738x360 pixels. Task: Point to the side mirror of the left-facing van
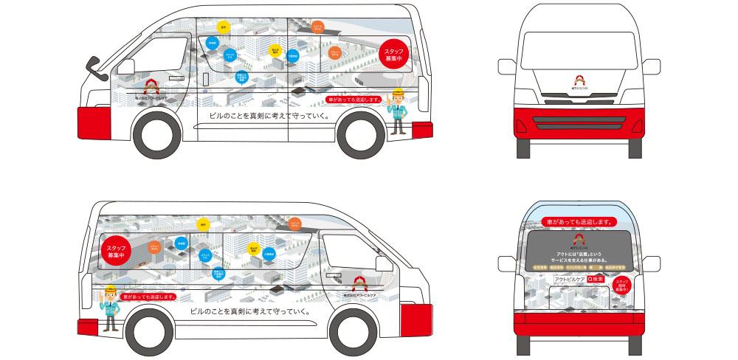[94, 68]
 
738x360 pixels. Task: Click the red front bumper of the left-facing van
[93, 119]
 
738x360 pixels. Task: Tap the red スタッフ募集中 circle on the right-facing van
[118, 251]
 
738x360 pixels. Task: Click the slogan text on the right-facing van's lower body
[249, 311]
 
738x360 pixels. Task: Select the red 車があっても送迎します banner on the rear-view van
[578, 221]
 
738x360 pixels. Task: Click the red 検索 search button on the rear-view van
[594, 280]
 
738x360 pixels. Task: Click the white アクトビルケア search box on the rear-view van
[569, 280]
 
